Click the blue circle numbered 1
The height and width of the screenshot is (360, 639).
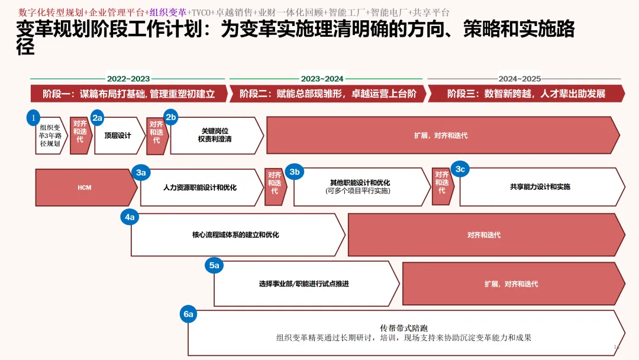coord(34,118)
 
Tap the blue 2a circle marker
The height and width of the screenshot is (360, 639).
coord(98,118)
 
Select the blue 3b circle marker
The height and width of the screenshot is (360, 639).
coord(295,172)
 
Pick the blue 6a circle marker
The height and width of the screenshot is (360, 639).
coord(188,314)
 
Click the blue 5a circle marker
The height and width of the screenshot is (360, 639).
coord(214,265)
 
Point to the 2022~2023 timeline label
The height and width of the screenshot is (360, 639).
coord(128,79)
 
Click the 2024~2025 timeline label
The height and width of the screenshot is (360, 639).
coord(519,79)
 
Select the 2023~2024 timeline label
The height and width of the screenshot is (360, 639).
coord(322,79)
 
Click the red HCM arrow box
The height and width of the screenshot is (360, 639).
coord(85,188)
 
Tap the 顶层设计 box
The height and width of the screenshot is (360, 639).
coord(118,136)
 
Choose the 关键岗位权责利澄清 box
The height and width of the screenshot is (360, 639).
coord(215,136)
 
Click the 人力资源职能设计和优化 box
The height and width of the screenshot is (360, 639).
coord(200,188)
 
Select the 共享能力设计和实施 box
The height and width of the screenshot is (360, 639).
coord(540,187)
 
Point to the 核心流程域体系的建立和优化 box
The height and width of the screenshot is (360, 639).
coord(235,235)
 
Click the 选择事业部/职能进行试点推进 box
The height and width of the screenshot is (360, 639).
coord(304,284)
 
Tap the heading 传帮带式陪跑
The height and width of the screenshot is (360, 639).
coord(404,328)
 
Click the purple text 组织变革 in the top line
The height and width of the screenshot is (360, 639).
coord(168,12)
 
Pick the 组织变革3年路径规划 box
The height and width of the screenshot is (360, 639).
coord(50,136)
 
